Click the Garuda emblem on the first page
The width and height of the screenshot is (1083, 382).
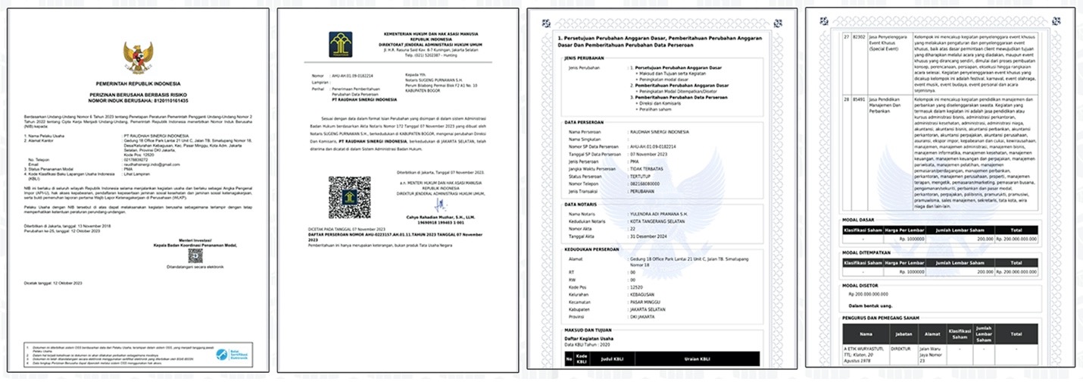point(138,58)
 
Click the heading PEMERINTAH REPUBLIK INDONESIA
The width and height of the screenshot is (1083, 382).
point(138,80)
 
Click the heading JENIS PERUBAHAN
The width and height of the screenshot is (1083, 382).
point(585,56)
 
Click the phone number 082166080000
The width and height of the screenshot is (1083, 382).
point(649,183)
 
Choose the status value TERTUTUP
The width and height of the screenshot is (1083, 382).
point(643,176)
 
